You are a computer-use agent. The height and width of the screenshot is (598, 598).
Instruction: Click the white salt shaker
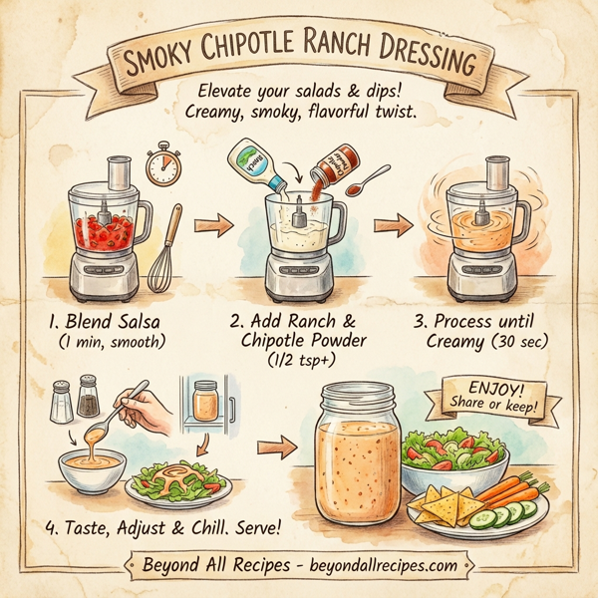click(x=61, y=401)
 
